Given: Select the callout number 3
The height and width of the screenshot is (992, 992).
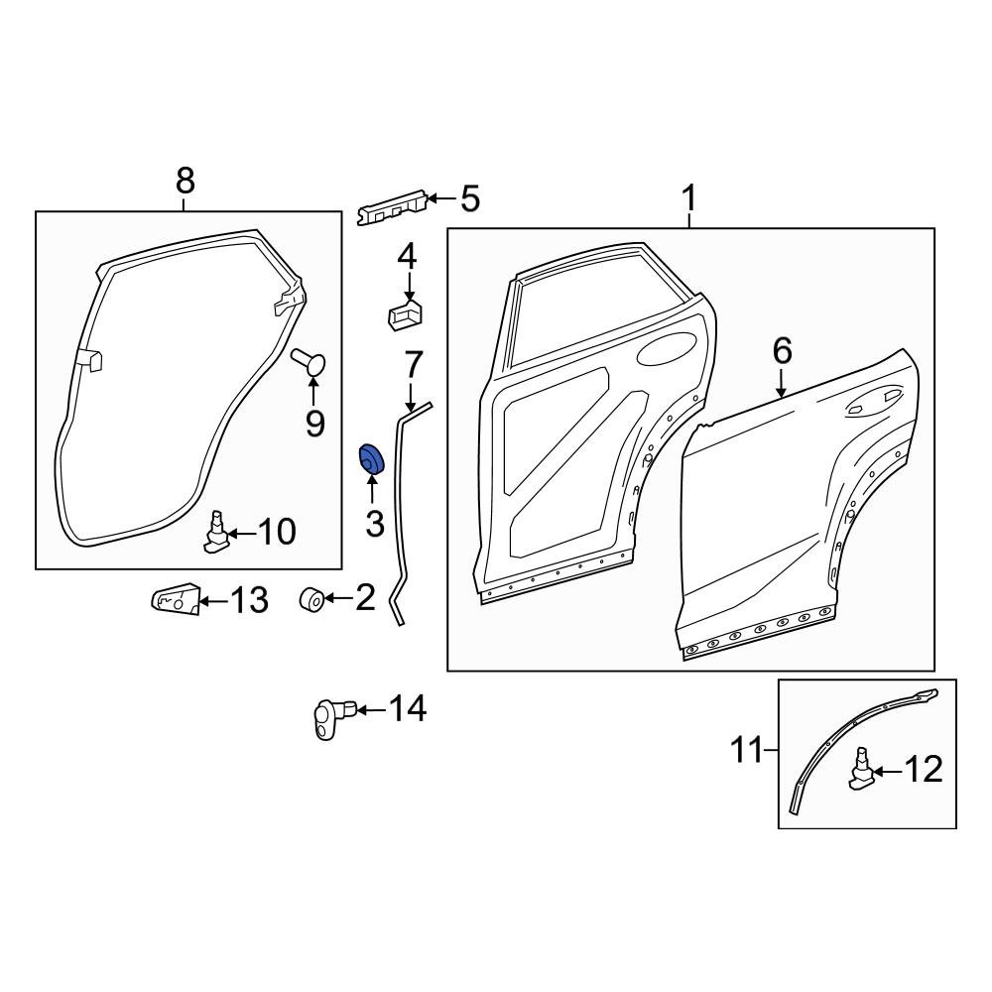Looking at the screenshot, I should pos(374,524).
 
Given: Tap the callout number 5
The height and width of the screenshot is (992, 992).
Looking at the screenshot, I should pos(468,199).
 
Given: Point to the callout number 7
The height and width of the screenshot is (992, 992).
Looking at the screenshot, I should pos(413,366).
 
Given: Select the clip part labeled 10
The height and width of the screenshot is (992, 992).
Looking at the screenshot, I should pos(216,534).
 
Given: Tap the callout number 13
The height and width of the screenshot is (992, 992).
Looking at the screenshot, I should pos(248,599).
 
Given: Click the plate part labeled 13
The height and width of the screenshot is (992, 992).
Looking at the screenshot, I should pos(176,600).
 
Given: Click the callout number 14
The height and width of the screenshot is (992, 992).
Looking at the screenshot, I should pos(407,709).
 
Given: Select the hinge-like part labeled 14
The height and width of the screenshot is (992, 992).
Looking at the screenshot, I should pos(328,716).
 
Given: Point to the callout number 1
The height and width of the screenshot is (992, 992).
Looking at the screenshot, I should pos(688,200).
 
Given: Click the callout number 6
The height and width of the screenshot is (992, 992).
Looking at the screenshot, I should pos(782,351).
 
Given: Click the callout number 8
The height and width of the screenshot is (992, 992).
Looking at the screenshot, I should pos(185,182).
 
